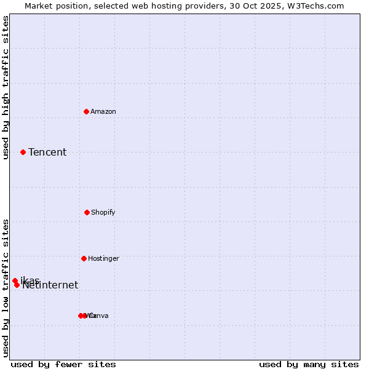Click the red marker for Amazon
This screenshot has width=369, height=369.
click(x=86, y=111)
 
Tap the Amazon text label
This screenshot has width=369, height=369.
click(x=103, y=111)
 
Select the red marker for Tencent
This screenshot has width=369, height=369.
click(x=23, y=152)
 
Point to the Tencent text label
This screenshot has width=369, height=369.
click(x=47, y=152)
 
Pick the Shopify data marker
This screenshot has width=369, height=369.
click(x=87, y=212)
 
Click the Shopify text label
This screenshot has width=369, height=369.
click(x=103, y=212)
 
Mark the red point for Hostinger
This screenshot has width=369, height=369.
click(x=84, y=258)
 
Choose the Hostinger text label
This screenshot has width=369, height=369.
click(x=103, y=258)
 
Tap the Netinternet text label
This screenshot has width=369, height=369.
click(x=50, y=285)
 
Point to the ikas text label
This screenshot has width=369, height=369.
click(x=30, y=280)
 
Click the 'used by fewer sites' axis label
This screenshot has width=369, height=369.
click(x=63, y=364)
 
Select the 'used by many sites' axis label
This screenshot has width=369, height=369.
click(x=309, y=364)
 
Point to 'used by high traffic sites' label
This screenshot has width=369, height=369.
click(x=6, y=88)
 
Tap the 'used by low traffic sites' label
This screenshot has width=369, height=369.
click(x=6, y=288)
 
